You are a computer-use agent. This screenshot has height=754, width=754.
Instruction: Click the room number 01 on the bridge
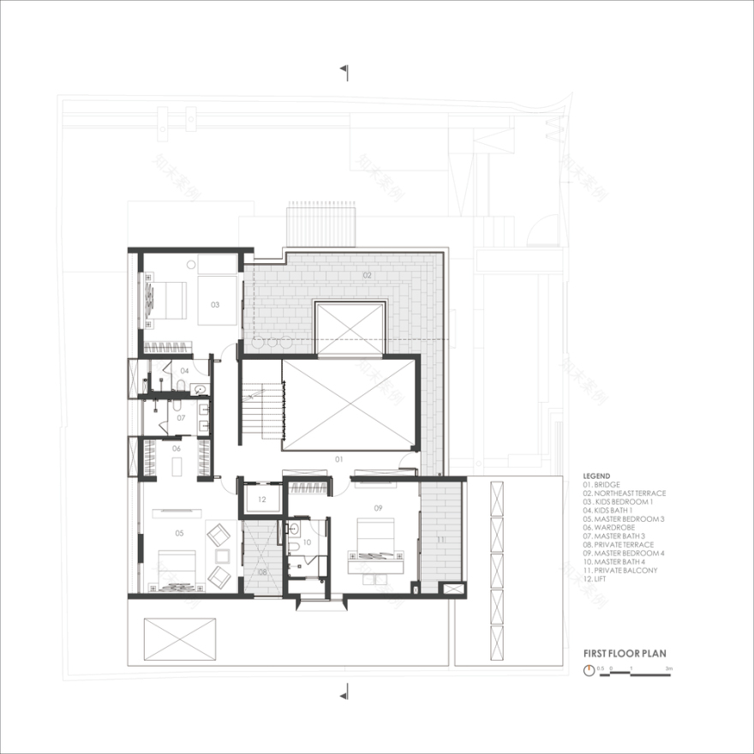tap(338, 460)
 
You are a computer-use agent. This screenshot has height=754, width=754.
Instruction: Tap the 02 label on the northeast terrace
tap(367, 276)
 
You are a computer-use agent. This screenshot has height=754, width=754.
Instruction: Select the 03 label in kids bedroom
tap(215, 304)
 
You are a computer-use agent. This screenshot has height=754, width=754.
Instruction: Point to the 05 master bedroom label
tap(179, 533)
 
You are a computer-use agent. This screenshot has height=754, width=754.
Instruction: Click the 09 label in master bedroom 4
tap(378, 508)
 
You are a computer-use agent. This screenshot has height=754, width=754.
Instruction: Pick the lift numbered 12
tap(262, 499)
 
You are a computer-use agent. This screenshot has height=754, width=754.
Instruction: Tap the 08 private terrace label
tap(262, 571)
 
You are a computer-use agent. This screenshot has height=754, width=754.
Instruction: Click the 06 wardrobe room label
tap(177, 448)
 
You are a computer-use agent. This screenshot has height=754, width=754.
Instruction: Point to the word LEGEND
tap(596, 476)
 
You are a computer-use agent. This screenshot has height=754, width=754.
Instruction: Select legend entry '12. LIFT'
tap(599, 579)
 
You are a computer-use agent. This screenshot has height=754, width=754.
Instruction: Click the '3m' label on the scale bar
tap(667, 667)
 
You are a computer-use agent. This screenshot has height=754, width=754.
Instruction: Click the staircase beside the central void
tap(260, 410)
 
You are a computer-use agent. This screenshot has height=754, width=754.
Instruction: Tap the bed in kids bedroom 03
tap(165, 299)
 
